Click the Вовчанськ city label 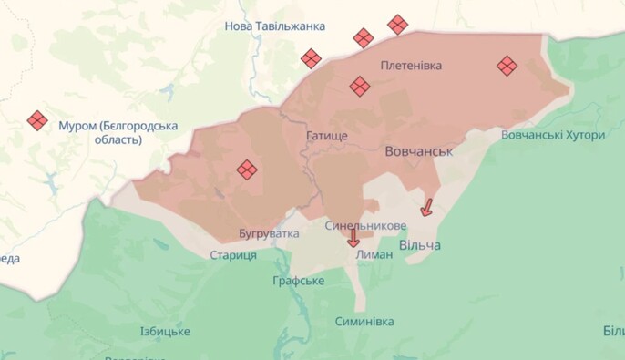tap(418, 150)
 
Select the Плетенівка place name tap(411, 66)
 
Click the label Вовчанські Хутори tap(552, 135)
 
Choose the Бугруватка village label tap(269, 234)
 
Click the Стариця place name tap(232, 255)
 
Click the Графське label tap(298, 281)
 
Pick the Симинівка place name tap(364, 322)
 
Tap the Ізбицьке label tap(165, 331)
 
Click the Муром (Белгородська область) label tap(118, 132)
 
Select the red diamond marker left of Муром tap(37, 120)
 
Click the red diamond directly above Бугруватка tap(247, 170)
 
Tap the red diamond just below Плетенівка tap(360, 87)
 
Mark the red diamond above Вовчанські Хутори tap(507, 66)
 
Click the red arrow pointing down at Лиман tap(353, 238)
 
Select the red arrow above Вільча tap(426, 207)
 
